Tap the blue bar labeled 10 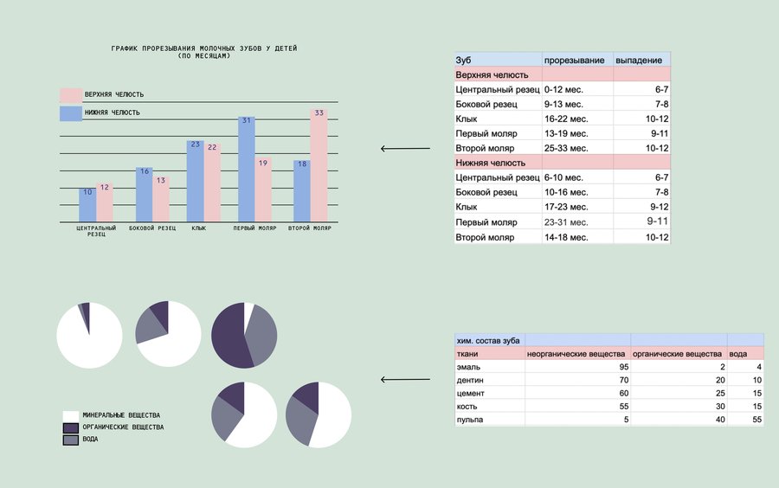87,204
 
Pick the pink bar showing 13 161,198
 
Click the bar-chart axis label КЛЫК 199,228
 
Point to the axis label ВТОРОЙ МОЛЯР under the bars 310,228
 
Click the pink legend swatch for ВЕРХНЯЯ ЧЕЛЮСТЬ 70,94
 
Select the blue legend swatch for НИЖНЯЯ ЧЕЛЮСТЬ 70,112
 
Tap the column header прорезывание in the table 574,61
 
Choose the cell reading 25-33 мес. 568,148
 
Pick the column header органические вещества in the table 677,353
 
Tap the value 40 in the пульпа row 716,420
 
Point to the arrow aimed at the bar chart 405,149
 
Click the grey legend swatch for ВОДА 71,440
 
